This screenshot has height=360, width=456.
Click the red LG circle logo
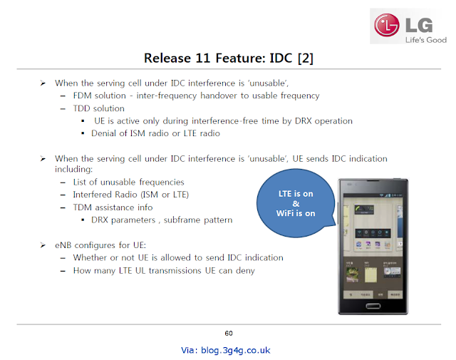387,26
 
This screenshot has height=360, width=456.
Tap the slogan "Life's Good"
426,40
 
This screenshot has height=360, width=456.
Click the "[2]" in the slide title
306,58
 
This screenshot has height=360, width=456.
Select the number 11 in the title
202,58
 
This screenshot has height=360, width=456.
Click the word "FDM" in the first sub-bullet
83,96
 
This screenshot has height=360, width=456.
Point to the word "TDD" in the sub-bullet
82,108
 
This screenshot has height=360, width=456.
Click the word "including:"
74,170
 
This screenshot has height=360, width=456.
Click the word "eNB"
63,245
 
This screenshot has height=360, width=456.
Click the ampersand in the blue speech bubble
296,204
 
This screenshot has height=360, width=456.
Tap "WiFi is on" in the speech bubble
296,213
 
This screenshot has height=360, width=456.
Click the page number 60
229,334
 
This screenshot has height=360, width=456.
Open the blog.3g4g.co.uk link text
236,350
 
